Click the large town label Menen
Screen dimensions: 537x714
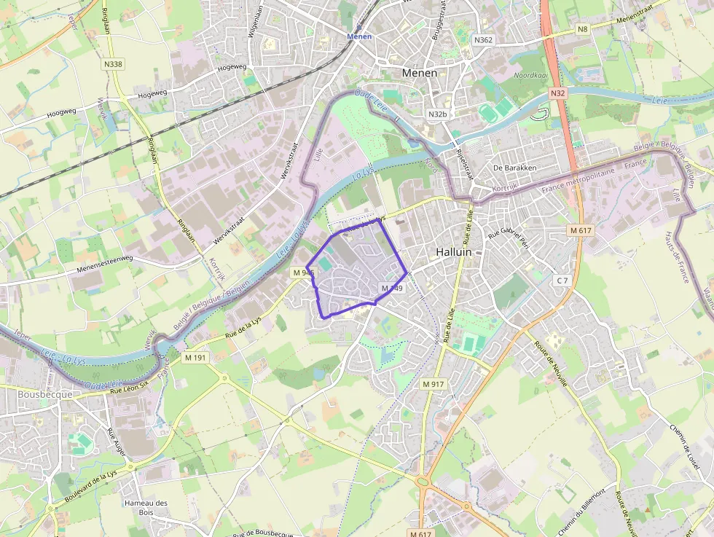pyautogui.click(x=420, y=73)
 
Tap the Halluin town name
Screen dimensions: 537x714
pyautogui.click(x=454, y=251)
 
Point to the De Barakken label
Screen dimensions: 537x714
pyautogui.click(x=514, y=168)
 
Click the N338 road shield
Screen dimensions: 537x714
pyautogui.click(x=113, y=64)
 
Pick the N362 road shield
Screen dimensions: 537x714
pyautogui.click(x=482, y=40)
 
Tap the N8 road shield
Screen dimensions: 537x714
pyautogui.click(x=582, y=29)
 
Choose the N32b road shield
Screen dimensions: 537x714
pyautogui.click(x=437, y=114)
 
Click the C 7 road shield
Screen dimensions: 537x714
pyautogui.click(x=561, y=281)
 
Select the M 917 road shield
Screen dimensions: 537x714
pyautogui.click(x=433, y=383)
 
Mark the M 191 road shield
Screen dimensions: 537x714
pyautogui.click(x=195, y=358)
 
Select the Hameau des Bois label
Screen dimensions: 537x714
pyautogui.click(x=146, y=507)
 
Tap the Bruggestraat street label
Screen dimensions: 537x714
pyautogui.click(x=439, y=20)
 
